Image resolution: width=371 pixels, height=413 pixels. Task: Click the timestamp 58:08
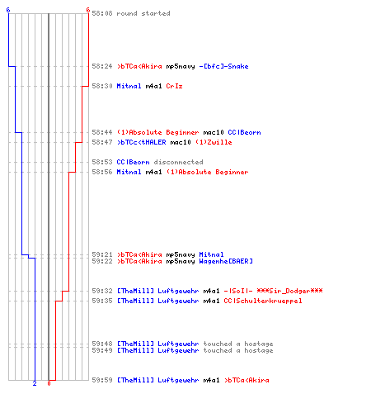pyautogui.click(x=102, y=13)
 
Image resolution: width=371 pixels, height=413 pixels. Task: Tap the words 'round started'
pyautogui.click(x=143, y=13)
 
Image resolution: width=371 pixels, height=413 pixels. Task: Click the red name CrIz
pyautogui.click(x=174, y=86)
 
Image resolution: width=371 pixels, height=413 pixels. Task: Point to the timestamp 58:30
pyautogui.click(x=102, y=86)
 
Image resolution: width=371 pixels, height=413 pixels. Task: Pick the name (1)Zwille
pyautogui.click(x=214, y=142)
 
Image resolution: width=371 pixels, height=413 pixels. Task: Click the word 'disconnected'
pyautogui.click(x=178, y=162)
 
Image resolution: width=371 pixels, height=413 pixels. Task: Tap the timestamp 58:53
pyautogui.click(x=102, y=162)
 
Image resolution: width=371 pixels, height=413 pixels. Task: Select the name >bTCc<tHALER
pyautogui.click(x=142, y=142)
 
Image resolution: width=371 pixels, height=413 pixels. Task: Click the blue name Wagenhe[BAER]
pyautogui.click(x=226, y=261)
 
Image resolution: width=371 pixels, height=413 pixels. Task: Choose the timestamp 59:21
pyautogui.click(x=102, y=254)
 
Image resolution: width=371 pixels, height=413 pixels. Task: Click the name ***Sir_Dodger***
pyautogui.click(x=289, y=291)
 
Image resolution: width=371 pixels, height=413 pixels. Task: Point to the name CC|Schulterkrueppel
pyautogui.click(x=263, y=301)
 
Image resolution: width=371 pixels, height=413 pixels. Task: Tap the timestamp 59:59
pyautogui.click(x=102, y=380)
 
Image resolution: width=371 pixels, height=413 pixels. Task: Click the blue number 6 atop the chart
pyautogui.click(x=8, y=10)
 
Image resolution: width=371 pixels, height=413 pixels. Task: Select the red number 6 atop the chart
pyautogui.click(x=88, y=10)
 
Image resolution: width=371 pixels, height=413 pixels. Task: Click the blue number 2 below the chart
pyautogui.click(x=35, y=383)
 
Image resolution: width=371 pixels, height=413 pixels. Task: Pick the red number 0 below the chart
pyautogui.click(x=49, y=383)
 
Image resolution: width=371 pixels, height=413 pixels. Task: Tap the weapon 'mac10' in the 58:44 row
pyautogui.click(x=214, y=132)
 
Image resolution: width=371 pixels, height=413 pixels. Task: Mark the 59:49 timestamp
pyautogui.click(x=102, y=350)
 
